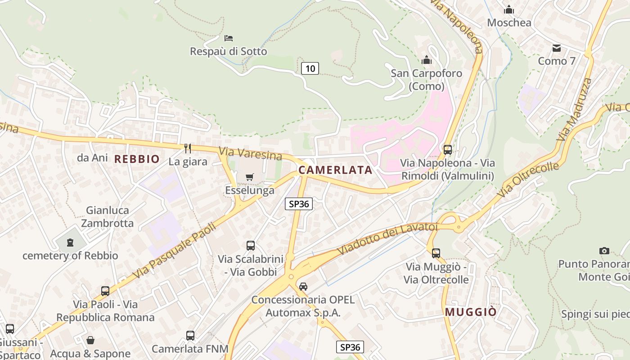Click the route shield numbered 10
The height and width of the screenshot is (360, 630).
(310, 68)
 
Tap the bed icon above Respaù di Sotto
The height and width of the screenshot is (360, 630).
(229, 38)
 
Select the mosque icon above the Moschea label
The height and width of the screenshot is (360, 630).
(509, 9)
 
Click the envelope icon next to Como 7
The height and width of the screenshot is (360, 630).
(557, 48)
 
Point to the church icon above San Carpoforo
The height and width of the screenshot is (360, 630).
(426, 60)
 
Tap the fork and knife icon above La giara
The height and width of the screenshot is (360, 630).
(188, 148)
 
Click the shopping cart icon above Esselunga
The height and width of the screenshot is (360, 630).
(249, 177)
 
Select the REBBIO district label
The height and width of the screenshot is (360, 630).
(137, 159)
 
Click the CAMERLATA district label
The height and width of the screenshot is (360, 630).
(335, 170)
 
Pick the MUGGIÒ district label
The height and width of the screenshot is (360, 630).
(471, 312)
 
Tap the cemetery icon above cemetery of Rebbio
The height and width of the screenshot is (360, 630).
(70, 243)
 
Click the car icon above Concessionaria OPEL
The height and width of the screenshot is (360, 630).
(303, 287)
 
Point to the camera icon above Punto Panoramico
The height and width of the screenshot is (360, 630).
(604, 251)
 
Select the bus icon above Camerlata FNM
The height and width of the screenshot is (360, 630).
(190, 335)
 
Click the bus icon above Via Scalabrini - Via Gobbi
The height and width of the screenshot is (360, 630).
(251, 246)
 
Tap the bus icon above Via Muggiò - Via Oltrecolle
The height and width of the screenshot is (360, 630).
(436, 253)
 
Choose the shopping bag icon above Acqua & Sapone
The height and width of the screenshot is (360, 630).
(90, 340)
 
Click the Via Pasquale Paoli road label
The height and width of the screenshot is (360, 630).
(175, 249)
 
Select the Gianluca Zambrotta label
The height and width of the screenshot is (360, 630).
(110, 216)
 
